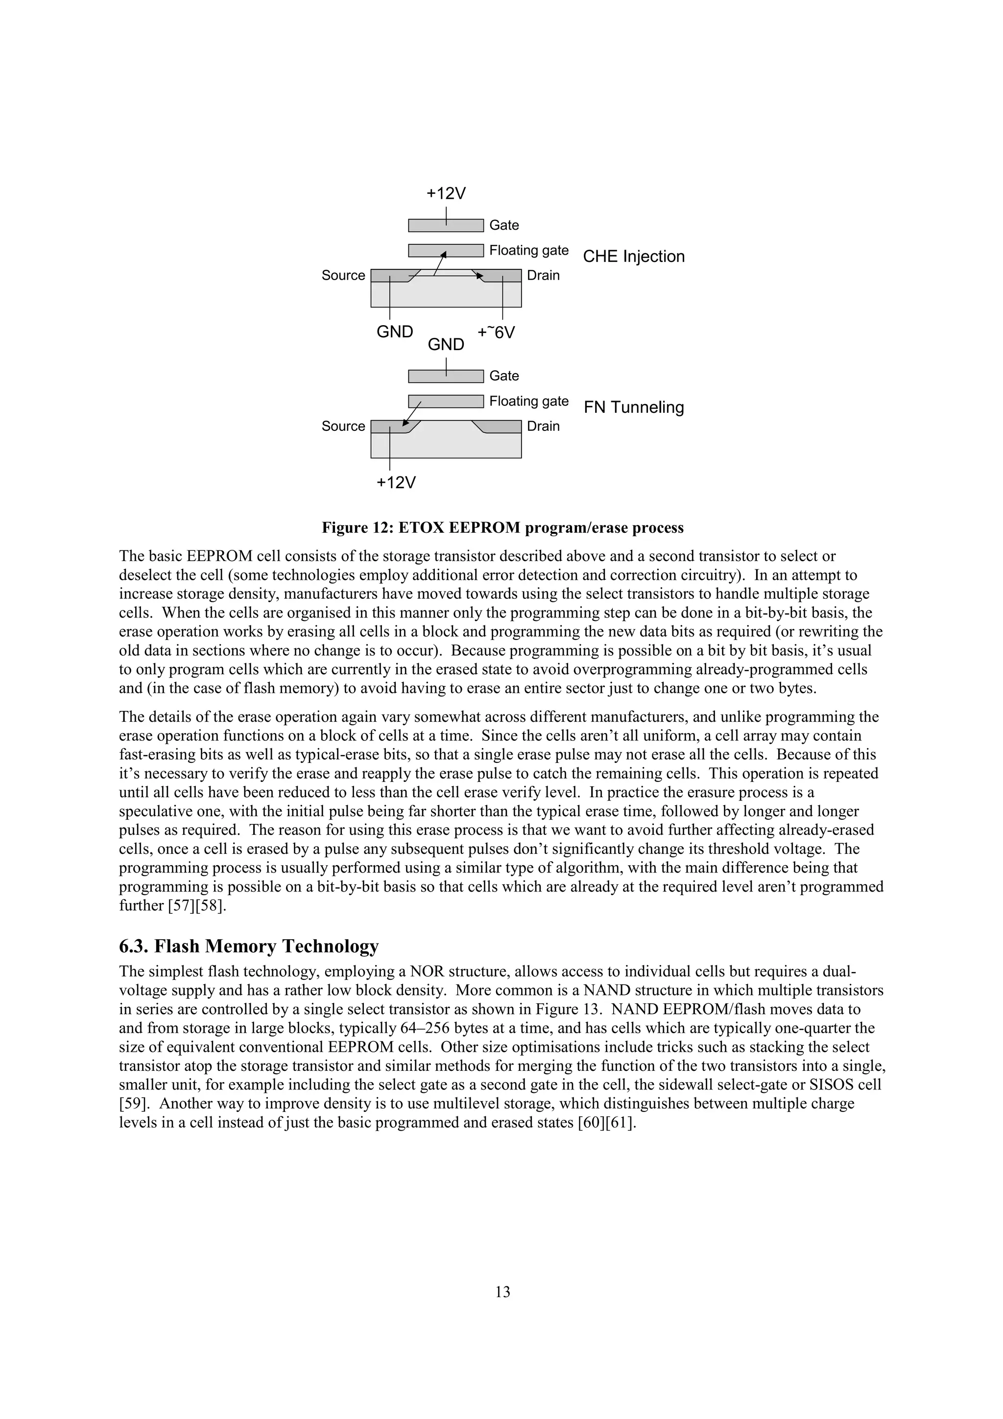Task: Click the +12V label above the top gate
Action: (x=446, y=193)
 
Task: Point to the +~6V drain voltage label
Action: (x=496, y=332)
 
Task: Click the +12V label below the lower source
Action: (x=396, y=482)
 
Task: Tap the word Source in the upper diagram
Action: (x=343, y=276)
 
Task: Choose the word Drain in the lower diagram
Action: (x=543, y=426)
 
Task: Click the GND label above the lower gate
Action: (x=446, y=345)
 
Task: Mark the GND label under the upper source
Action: (x=395, y=332)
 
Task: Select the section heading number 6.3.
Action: (x=134, y=946)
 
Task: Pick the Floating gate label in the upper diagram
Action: (x=528, y=250)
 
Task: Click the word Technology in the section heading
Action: (x=330, y=946)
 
